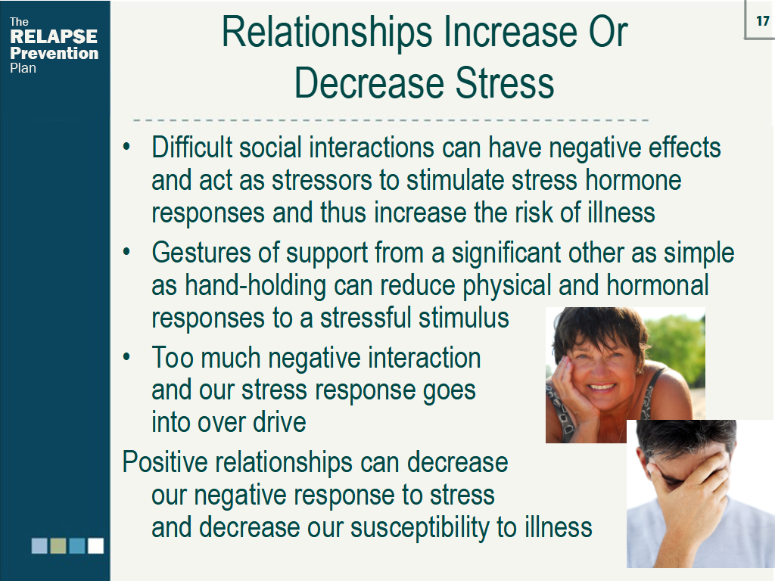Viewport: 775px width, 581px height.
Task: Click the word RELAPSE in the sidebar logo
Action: pyautogui.click(x=54, y=37)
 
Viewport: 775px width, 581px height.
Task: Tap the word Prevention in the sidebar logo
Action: pyautogui.click(x=54, y=53)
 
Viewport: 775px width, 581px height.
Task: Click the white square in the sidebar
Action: pyautogui.click(x=95, y=545)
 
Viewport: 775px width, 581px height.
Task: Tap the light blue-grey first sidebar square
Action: pyautogui.click(x=39, y=545)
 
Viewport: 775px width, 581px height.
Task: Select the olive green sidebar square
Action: pyautogui.click(x=58, y=545)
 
